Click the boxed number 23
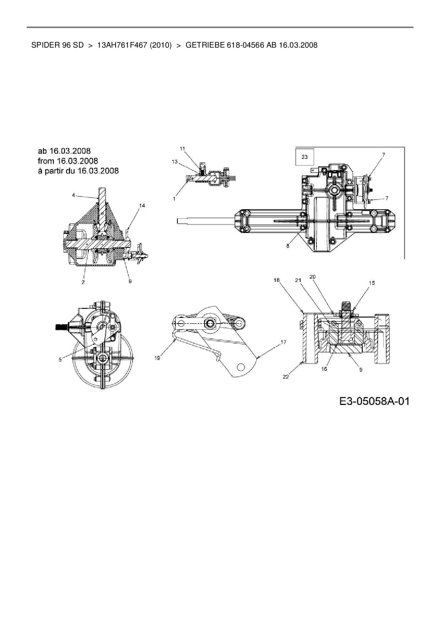click(304, 157)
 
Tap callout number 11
click(182, 149)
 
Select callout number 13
click(175, 162)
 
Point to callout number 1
click(174, 199)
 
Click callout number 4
click(73, 195)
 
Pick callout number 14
click(142, 205)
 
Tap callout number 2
click(83, 282)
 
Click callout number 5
click(60, 359)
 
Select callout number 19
click(157, 358)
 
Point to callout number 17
click(283, 342)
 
